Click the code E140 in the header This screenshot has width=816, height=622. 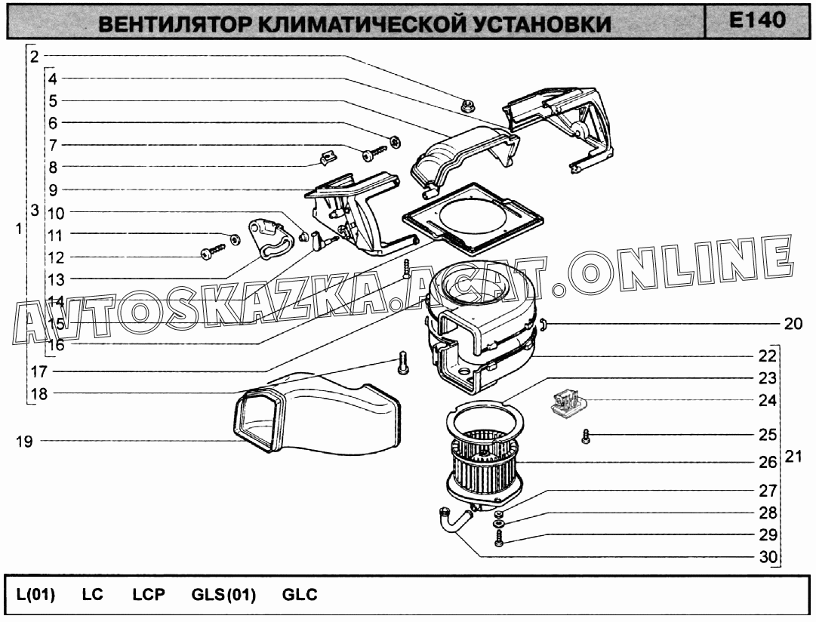tap(757, 20)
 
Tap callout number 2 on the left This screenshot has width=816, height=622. tap(35, 56)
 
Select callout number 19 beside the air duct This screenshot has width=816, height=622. tap(24, 442)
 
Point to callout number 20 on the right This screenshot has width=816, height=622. tap(793, 324)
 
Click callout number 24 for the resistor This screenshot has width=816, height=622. tap(767, 400)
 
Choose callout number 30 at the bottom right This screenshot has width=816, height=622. tap(768, 557)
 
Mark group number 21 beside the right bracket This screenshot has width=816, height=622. tap(793, 457)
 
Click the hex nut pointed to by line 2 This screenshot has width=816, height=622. tap(467, 106)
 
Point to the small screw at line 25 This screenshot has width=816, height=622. tap(586, 437)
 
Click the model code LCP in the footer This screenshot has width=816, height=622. tap(148, 594)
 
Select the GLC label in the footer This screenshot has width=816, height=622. tap(300, 594)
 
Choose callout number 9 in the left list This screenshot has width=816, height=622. tap(53, 190)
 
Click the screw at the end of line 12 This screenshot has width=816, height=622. tap(212, 251)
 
